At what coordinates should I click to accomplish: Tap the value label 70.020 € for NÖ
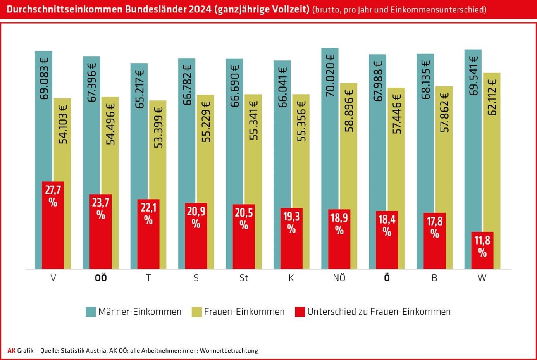click(330, 76)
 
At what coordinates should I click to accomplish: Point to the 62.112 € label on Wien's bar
click(492, 97)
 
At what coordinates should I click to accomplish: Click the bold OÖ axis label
click(101, 278)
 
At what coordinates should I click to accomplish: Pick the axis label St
click(244, 278)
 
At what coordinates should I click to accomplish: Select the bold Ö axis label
click(387, 278)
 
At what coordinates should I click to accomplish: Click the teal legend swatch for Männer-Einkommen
click(91, 312)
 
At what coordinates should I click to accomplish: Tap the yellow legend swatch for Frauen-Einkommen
click(197, 312)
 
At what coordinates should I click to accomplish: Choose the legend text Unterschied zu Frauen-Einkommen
click(379, 312)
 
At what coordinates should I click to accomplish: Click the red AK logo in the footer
click(12, 351)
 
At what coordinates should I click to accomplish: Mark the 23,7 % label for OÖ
click(101, 208)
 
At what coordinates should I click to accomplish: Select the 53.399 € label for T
click(158, 127)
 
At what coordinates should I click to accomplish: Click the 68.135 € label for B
click(425, 80)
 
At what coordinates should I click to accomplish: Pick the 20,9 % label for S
click(196, 217)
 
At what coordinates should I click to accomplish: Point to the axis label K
click(291, 278)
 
